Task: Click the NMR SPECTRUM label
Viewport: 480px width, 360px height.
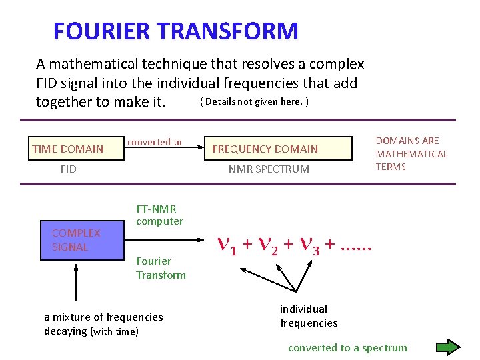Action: coord(269,169)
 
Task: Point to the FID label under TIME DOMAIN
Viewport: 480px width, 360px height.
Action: coord(68,169)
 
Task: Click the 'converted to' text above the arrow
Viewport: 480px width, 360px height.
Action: coord(154,142)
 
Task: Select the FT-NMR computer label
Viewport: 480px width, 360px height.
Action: coord(159,215)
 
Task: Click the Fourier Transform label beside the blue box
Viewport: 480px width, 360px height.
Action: coord(161,268)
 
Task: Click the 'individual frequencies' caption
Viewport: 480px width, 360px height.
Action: coord(308,316)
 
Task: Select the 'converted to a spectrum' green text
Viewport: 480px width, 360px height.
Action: coord(347,347)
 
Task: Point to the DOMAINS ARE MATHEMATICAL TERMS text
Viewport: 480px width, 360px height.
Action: coord(411,154)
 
